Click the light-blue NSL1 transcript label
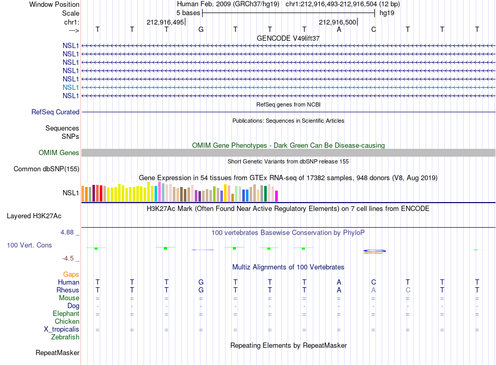pyautogui.click(x=70, y=87)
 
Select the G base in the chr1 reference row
pyautogui.click(x=201, y=29)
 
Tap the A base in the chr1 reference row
pyautogui.click(x=339, y=29)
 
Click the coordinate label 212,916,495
pyautogui.click(x=165, y=22)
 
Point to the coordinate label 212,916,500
pyautogui.click(x=337, y=22)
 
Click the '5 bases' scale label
pyautogui.click(x=188, y=13)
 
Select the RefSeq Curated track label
pyautogui.click(x=55, y=112)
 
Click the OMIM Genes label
pyautogui.click(x=58, y=153)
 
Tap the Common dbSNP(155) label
pyautogui.click(x=46, y=169)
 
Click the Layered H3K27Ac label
pyautogui.click(x=34, y=216)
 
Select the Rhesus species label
pyautogui.click(x=68, y=290)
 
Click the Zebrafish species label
pyautogui.click(x=65, y=337)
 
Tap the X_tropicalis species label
pyautogui.click(x=62, y=329)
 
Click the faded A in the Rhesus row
pyautogui.click(x=373, y=290)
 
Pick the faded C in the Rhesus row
pyautogui.click(x=408, y=290)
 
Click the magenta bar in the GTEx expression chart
pyautogui.click(x=277, y=196)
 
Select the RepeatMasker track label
pyautogui.click(x=57, y=352)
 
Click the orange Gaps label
pyautogui.click(x=71, y=275)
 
